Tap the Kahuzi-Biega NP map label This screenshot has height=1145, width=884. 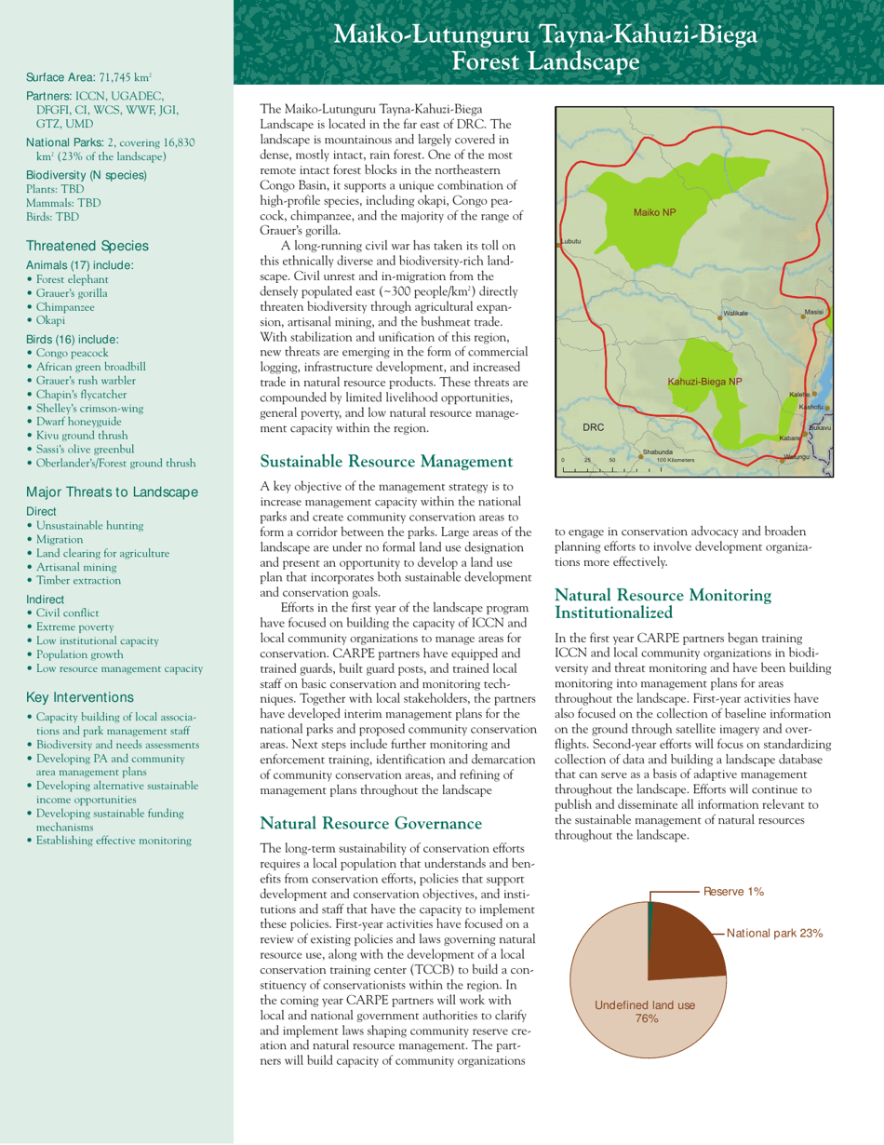pyautogui.click(x=704, y=382)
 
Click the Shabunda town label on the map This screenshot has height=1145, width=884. pyautogui.click(x=657, y=452)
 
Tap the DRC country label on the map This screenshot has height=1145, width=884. pyautogui.click(x=594, y=426)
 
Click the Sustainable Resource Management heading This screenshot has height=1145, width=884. pyautogui.click(x=386, y=461)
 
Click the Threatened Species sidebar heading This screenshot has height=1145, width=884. pyautogui.click(x=87, y=246)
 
